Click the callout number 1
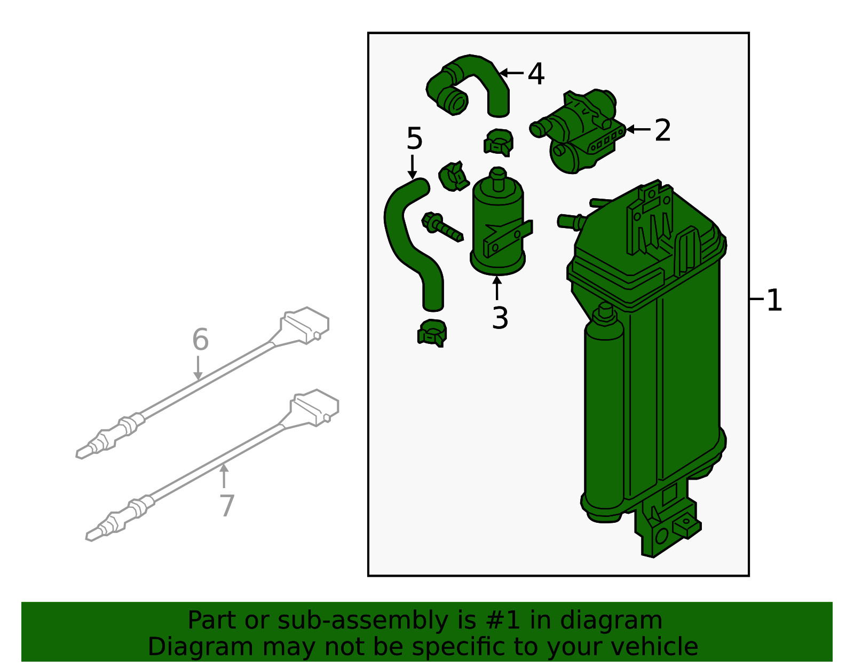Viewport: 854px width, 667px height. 774,300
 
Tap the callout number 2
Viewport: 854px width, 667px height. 662,130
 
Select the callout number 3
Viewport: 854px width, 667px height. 500,318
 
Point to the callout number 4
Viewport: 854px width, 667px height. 536,74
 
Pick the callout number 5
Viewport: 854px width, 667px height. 414,139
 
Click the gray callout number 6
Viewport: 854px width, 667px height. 200,340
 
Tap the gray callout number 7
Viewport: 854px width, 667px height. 227,505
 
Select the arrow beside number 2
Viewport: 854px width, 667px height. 638,129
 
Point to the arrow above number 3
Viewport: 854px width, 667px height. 497,288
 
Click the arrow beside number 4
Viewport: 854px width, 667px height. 511,73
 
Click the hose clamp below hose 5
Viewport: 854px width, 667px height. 432,332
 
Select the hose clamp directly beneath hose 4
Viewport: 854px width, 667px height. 499,142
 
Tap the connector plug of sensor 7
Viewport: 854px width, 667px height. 315,407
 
